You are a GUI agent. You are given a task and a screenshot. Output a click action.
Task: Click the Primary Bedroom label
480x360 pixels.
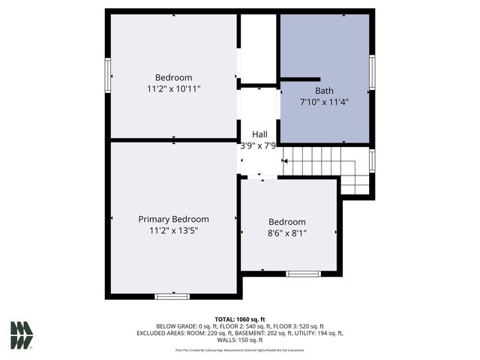coord(173,219)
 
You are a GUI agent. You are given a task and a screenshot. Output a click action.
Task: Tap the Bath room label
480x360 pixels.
coord(324,90)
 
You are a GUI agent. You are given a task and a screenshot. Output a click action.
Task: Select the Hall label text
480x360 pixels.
coord(259,134)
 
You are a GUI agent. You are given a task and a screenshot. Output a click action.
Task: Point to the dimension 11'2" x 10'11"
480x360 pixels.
coord(173,89)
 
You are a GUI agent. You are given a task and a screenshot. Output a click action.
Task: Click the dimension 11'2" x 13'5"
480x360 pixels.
coord(173,231)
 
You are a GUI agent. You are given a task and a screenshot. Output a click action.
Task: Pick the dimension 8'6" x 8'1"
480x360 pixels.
coord(287,233)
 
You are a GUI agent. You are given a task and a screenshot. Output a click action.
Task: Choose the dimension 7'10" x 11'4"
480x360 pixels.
coord(324,101)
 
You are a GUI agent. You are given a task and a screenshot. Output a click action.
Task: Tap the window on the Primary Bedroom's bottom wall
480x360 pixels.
coord(172,297)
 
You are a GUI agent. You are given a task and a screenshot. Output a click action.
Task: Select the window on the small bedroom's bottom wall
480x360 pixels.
coord(303,274)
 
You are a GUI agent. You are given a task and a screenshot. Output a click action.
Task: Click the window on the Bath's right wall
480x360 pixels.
coord(372,73)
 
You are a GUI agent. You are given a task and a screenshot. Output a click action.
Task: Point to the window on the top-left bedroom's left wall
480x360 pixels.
coord(108,76)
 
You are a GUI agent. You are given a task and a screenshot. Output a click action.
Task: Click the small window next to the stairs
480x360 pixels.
coord(372,160)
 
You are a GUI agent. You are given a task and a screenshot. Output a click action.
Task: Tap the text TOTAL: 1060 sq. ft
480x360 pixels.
coord(239,319)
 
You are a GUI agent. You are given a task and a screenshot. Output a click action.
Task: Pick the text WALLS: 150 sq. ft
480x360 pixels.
coord(239,340)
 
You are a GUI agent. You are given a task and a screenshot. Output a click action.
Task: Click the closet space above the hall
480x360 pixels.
coord(258,49)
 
